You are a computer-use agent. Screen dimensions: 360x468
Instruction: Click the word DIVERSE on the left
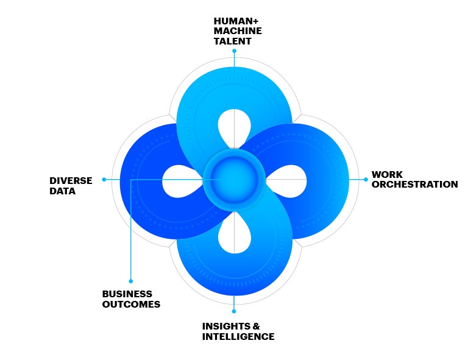(71, 180)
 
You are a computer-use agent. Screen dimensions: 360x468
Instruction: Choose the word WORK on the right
(387, 174)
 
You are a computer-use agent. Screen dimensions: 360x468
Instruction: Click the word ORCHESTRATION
(414, 184)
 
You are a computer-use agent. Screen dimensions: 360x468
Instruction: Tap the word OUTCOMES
(131, 304)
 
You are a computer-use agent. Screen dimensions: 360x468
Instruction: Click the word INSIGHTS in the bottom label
(225, 326)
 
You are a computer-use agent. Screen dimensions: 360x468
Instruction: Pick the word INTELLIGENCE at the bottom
(238, 337)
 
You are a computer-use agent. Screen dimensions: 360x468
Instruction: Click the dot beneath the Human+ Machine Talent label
(234, 51)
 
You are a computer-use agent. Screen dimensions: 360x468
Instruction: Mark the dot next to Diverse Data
(104, 179)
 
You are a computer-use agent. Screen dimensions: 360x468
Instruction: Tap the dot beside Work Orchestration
(366, 179)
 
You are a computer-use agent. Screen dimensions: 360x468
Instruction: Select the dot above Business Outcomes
(130, 281)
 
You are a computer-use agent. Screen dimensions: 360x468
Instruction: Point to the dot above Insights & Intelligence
(234, 311)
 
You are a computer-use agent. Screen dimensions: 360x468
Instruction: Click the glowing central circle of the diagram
(234, 179)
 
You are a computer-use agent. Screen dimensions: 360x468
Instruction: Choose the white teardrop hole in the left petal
(180, 180)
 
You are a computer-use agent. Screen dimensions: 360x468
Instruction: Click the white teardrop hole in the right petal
(288, 180)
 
